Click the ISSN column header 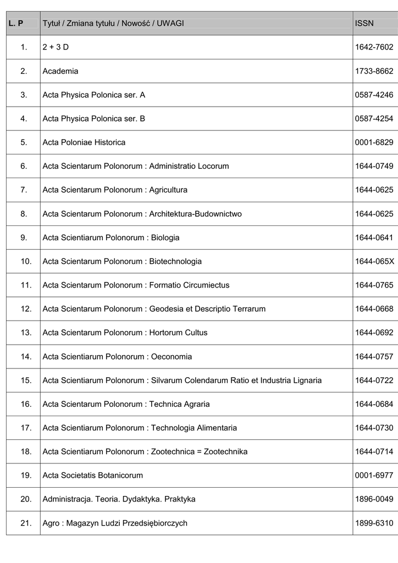click(x=364, y=24)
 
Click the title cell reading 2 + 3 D click(x=56, y=47)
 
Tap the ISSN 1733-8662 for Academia click(x=374, y=71)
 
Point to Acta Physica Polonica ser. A click(x=93, y=95)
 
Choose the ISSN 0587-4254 click(x=374, y=118)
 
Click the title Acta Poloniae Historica click(x=84, y=142)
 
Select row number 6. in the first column click(x=24, y=166)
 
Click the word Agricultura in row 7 click(x=168, y=190)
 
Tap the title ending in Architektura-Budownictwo click(x=142, y=213)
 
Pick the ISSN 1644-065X click(x=374, y=261)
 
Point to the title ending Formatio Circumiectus click(x=136, y=285)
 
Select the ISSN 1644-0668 click(x=374, y=308)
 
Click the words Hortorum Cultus click(x=178, y=332)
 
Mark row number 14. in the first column click(x=26, y=356)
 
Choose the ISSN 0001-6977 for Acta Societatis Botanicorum click(x=374, y=475)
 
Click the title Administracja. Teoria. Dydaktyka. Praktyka click(x=119, y=499)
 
